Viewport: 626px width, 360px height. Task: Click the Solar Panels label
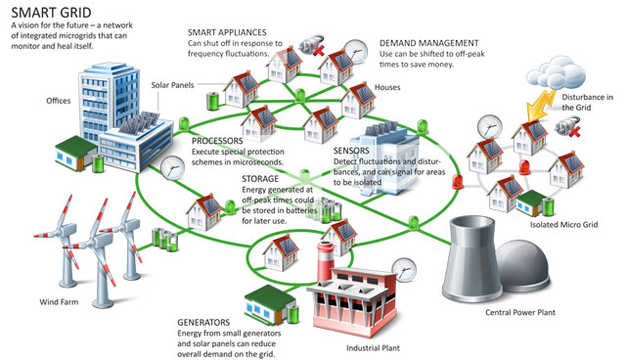(x=174, y=85)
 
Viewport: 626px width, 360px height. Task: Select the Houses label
(x=387, y=87)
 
